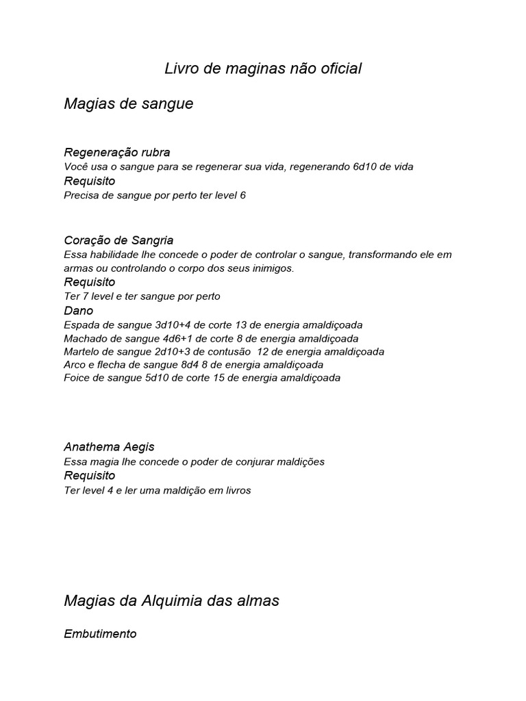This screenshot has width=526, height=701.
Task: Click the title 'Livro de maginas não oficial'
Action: (263, 68)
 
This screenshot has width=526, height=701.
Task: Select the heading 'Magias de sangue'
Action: (128, 104)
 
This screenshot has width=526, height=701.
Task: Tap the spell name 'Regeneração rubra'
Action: (116, 152)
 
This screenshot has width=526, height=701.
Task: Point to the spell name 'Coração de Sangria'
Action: (118, 240)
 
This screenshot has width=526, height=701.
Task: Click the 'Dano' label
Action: (78, 311)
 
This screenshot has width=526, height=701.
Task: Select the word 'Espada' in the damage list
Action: (80, 325)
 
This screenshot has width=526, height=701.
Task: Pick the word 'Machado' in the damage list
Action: (84, 338)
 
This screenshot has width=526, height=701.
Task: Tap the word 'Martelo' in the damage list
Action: (82, 352)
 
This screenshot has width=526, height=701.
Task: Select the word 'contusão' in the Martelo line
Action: (229, 352)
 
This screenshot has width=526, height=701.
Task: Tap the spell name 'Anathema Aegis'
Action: (109, 447)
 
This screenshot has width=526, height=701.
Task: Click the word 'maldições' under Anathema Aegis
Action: (301, 462)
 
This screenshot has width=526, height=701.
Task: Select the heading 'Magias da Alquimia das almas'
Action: (171, 601)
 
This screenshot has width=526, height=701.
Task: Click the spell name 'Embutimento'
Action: (100, 634)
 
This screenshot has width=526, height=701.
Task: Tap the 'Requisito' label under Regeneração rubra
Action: (89, 181)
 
